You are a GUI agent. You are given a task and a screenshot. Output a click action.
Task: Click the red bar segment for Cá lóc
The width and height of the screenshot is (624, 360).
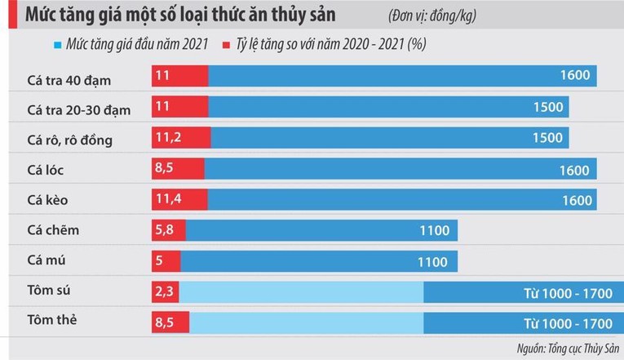[178, 168]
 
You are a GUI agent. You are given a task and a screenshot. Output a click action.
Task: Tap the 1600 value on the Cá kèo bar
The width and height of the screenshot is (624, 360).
[577, 200]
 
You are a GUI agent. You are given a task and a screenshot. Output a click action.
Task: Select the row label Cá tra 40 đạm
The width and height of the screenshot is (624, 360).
[69, 81]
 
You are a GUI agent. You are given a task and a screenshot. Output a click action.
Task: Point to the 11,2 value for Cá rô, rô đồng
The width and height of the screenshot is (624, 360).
[168, 137]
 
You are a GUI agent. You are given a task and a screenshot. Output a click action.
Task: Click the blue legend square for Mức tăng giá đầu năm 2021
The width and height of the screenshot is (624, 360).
[58, 45]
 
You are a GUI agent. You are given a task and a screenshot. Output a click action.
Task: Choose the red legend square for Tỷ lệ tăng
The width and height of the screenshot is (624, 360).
[226, 45]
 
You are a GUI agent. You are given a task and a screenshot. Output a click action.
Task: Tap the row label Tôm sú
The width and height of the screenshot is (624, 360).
[49, 290]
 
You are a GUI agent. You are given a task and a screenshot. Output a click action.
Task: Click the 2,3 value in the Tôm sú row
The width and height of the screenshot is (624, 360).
[164, 291]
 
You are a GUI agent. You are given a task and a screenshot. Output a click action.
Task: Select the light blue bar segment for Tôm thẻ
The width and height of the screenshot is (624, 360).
[307, 322]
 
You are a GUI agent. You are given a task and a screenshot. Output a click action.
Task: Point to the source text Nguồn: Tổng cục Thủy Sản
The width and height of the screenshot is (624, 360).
[568, 349]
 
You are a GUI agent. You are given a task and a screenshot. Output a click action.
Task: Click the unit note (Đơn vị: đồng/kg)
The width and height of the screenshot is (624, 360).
[432, 16]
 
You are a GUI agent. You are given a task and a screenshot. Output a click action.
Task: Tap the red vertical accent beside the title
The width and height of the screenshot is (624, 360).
[13, 15]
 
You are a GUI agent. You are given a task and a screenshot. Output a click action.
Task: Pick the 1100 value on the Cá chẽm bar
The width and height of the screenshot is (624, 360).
[435, 230]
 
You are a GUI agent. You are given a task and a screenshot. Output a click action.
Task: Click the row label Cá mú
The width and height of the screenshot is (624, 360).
[46, 260]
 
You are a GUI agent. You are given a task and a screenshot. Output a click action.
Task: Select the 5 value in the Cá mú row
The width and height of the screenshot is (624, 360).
[159, 260]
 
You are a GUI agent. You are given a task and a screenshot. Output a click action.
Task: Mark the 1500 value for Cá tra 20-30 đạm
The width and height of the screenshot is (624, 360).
[548, 107]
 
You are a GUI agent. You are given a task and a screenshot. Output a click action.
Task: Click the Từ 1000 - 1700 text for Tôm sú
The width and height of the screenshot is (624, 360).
[568, 294]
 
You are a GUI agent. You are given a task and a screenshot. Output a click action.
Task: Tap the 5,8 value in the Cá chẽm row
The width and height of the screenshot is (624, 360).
[164, 229]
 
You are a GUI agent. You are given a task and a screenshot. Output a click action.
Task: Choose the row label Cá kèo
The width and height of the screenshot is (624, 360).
[47, 200]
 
